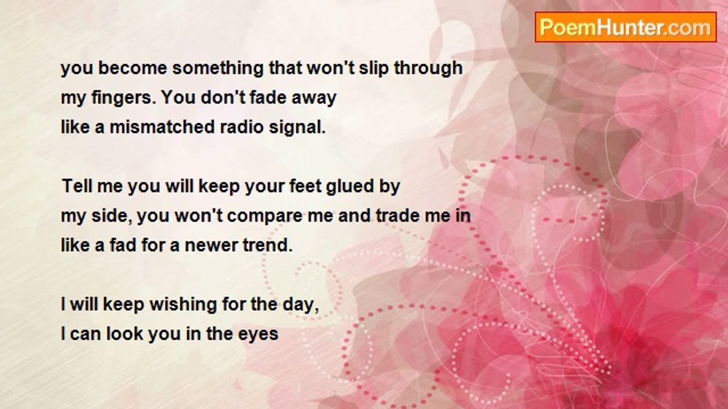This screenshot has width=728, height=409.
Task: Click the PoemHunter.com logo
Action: point(626,27)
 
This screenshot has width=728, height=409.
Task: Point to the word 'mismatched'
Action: point(162,127)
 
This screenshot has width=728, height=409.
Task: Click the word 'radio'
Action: point(242,127)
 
